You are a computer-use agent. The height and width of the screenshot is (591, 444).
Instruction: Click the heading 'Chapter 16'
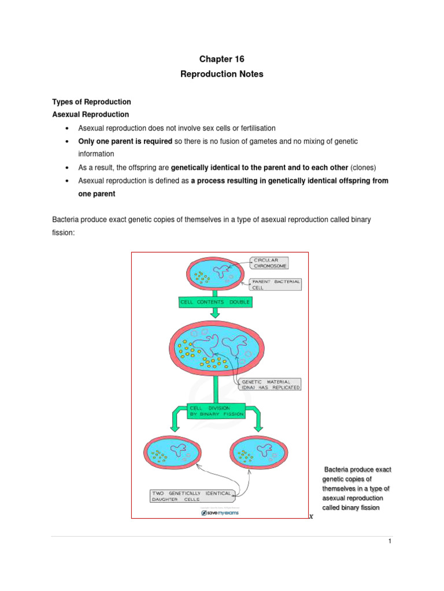[222, 59]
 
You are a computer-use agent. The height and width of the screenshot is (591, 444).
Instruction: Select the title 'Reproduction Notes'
[222, 74]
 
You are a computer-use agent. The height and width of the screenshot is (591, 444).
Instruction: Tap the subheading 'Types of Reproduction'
[92, 102]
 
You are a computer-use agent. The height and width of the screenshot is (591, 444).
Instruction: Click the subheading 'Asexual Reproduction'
[91, 114]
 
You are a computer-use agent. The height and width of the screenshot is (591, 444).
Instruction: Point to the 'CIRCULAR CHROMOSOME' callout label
[269, 263]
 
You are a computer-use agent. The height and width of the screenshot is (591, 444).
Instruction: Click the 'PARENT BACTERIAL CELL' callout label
[275, 284]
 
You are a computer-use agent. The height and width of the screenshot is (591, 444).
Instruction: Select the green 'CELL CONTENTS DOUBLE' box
[216, 302]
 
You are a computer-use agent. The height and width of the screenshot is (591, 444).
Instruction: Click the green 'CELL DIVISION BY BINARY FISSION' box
[216, 410]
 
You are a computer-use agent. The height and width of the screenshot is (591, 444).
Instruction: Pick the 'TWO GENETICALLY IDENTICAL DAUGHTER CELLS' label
[192, 496]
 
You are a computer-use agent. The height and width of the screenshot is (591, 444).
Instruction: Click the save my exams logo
[220, 512]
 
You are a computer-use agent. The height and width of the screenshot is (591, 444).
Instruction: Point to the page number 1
[390, 541]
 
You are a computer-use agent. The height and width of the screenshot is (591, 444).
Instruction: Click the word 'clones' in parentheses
[363, 167]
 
